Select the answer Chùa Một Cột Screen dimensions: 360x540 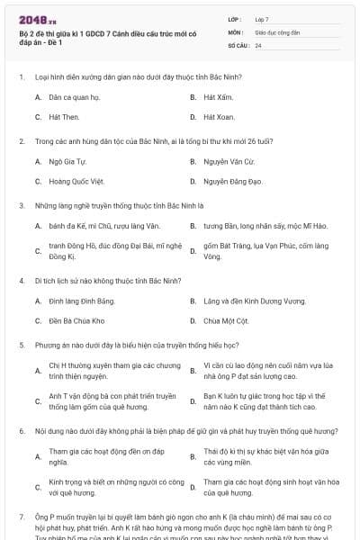(224, 320)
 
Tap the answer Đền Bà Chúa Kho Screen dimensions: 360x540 (76, 320)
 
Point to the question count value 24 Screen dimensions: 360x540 (258, 44)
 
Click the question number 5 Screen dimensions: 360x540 (22, 345)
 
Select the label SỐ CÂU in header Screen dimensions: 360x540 (238, 44)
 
